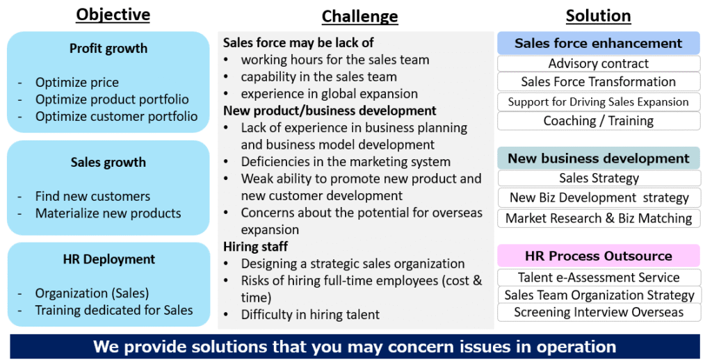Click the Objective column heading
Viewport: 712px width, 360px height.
pos(113,15)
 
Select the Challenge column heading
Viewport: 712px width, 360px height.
pos(359,17)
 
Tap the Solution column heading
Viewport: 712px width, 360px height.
pos(598,16)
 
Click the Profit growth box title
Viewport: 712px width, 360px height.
pos(108,49)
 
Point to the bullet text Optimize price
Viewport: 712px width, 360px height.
pos(76,82)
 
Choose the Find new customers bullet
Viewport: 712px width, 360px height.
pos(92,196)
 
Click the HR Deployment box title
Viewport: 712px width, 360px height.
pos(108,259)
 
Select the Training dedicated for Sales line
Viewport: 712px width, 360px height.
pos(114,310)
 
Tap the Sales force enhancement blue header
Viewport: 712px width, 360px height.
pos(598,43)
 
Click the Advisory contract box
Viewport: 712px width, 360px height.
pos(598,63)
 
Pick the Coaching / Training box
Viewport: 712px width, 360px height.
pos(598,121)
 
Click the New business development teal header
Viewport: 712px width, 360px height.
pos(598,158)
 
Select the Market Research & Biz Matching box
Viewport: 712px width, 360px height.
pos(598,218)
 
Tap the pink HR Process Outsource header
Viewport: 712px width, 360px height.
pos(598,256)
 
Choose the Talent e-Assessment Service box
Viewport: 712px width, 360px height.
pos(598,277)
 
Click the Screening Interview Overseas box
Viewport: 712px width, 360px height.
pos(598,312)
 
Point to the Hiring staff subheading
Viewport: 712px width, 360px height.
pos(255,247)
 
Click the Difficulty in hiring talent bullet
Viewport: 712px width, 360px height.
pos(310,315)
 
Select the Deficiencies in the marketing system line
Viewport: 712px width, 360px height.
pos(346,162)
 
